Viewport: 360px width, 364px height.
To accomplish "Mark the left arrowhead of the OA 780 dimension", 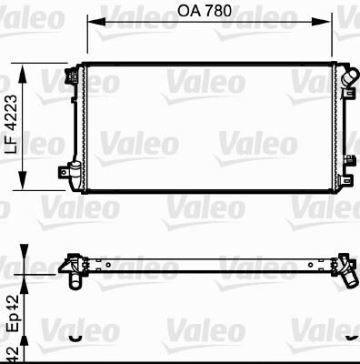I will click(x=92, y=25).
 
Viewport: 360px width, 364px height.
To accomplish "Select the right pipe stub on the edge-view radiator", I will click(x=347, y=277).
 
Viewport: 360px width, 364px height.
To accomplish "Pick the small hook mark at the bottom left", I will click(x=76, y=339).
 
